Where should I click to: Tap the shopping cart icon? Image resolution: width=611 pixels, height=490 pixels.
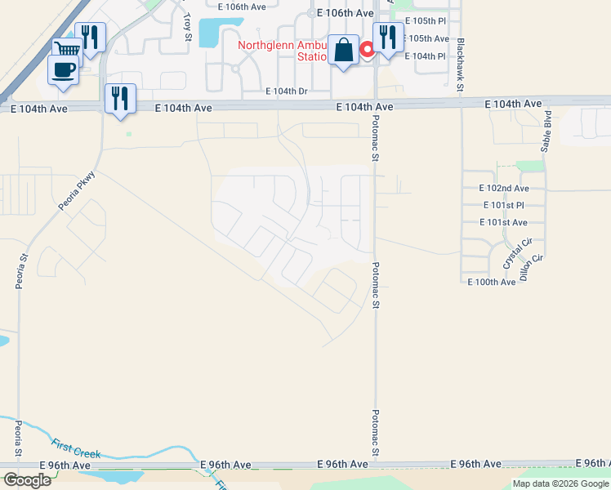[x=67, y=49]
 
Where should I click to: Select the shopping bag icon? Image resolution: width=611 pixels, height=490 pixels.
[x=344, y=50]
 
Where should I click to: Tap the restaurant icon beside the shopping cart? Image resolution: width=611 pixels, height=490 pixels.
[x=90, y=37]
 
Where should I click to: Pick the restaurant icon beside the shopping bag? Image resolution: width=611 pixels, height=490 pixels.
[x=388, y=37]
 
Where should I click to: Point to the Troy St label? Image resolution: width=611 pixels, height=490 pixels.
[x=187, y=27]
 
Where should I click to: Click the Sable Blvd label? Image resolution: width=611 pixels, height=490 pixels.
[x=546, y=131]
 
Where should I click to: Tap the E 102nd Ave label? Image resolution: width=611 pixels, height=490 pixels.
[x=504, y=188]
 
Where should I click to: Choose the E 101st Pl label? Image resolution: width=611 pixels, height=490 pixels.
[x=503, y=205]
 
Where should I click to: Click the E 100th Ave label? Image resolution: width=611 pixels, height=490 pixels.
[x=492, y=282]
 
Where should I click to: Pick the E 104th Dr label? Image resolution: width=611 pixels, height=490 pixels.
[x=286, y=91]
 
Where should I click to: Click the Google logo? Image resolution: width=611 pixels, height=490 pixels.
[x=27, y=480]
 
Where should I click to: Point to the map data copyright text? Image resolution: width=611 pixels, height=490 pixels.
[x=560, y=483]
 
